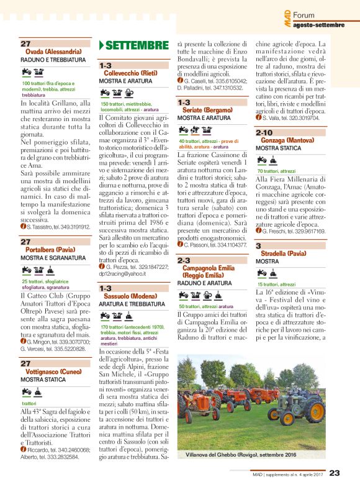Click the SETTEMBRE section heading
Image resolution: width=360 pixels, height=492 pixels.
(133, 45)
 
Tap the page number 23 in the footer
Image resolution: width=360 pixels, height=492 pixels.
(334, 473)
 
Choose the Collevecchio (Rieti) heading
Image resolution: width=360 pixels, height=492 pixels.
(130, 73)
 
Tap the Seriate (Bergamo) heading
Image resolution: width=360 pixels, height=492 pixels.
(206, 110)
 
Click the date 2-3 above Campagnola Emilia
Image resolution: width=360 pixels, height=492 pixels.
(185, 260)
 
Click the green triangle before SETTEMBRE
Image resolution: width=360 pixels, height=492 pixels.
(102, 45)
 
